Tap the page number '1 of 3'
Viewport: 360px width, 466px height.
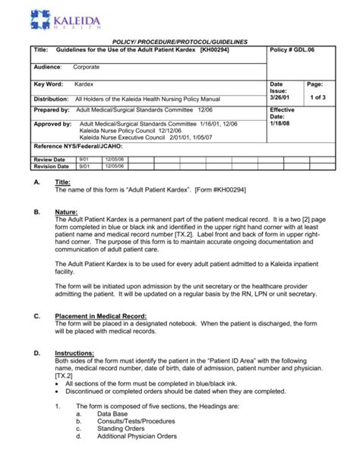[x=317, y=98]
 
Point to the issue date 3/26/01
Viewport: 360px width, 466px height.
[x=279, y=98]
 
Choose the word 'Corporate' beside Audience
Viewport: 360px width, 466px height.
[x=88, y=67]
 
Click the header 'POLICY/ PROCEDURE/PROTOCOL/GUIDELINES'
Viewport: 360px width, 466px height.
[x=179, y=38]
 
